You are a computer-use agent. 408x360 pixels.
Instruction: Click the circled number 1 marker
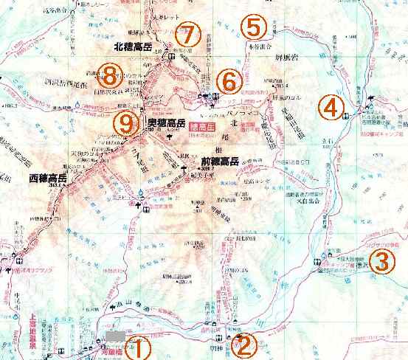(139, 347)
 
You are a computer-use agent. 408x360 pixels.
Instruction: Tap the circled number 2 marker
(244, 344)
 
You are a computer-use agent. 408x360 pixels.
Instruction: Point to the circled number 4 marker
(332, 108)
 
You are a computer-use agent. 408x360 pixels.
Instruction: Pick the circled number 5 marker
(253, 28)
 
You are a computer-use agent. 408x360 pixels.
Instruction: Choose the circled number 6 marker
(228, 79)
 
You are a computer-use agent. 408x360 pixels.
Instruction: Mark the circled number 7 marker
(189, 34)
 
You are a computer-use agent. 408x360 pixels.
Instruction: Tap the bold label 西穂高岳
(49, 179)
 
